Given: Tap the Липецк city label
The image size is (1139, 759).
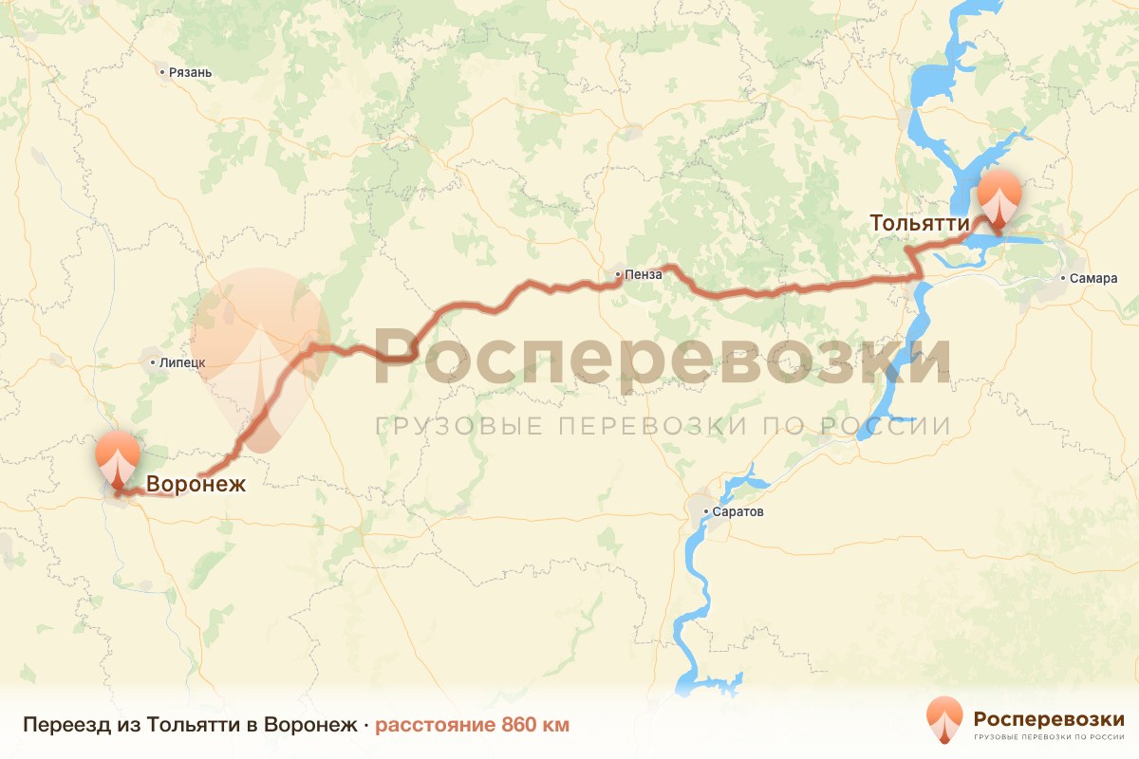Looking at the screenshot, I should [184, 362].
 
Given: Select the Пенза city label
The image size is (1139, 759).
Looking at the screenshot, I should [643, 276].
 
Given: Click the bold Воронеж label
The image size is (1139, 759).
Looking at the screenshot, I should [196, 484].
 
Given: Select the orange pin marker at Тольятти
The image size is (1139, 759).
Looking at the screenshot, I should [1000, 197].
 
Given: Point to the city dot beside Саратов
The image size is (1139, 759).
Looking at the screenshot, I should [707, 512].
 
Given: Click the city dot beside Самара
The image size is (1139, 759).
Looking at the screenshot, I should [1062, 279].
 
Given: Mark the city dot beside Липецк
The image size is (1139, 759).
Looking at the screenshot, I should [152, 362].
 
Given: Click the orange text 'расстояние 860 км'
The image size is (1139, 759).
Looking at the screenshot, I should [473, 725].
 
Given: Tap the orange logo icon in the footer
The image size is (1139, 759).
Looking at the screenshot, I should [944, 720].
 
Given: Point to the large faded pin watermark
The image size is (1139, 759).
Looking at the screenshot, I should [260, 356].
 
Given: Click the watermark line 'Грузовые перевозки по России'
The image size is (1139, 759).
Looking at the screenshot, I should [663, 425].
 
